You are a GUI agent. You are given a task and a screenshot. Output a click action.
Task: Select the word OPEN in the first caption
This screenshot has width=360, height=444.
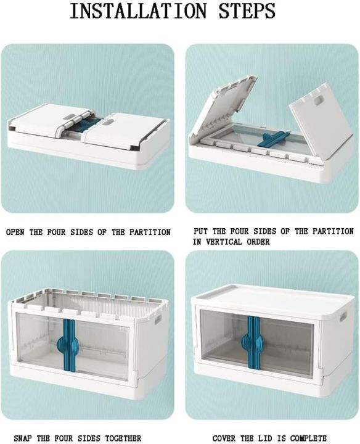pos(16,232)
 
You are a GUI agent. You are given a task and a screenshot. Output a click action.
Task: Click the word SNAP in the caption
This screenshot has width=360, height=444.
pos(23,438)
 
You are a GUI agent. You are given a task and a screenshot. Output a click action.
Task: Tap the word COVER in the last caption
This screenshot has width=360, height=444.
pos(226,438)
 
